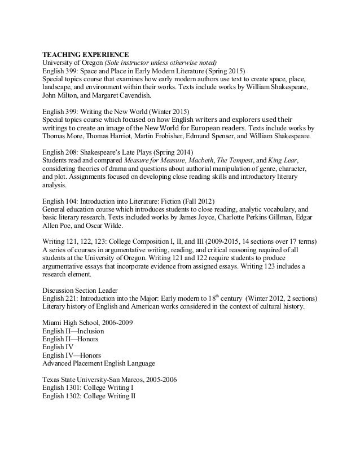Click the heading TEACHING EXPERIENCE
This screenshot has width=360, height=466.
pyautogui.click(x=86, y=54)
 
